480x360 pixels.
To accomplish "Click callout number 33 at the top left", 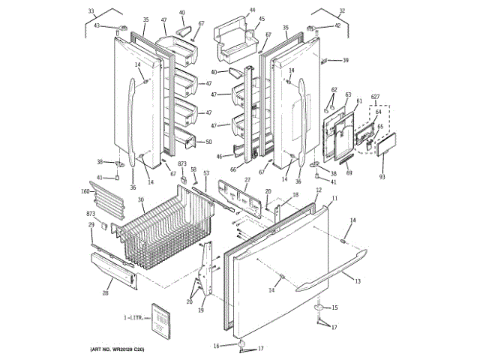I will [x=91, y=11].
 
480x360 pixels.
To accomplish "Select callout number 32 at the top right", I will [x=341, y=10].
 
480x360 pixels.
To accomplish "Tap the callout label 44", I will [x=252, y=10].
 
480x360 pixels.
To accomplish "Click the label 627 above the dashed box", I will [x=375, y=97].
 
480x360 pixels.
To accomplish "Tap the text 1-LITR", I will [x=133, y=319].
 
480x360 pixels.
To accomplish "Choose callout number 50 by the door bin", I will [x=208, y=142].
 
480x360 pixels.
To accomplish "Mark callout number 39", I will [x=346, y=61].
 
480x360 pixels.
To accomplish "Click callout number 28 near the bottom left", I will [x=105, y=293].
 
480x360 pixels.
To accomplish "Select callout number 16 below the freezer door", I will [x=216, y=345].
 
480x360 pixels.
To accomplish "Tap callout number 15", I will [x=334, y=307].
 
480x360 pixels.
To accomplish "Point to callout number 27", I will [x=247, y=179].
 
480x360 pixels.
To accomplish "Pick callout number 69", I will [x=349, y=172].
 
